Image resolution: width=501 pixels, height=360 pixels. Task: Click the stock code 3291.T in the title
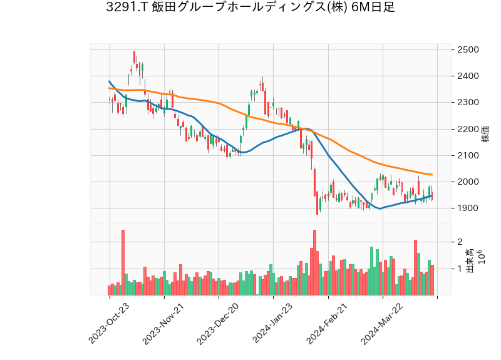click(x=128, y=8)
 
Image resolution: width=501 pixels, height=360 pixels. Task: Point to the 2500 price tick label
click(x=468, y=49)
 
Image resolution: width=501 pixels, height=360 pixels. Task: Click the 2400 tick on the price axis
click(x=468, y=76)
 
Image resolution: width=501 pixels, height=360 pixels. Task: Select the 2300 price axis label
click(x=468, y=103)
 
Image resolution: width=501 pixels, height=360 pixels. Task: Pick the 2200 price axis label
click(x=468, y=129)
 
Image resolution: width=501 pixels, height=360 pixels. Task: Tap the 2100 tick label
click(x=468, y=155)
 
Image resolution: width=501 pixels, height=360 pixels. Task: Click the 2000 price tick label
click(x=468, y=182)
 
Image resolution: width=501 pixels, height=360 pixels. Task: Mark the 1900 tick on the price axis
click(x=468, y=208)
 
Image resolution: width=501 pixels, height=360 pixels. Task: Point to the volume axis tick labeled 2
click(x=460, y=242)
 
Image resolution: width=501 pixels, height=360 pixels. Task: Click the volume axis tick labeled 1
click(x=460, y=269)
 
